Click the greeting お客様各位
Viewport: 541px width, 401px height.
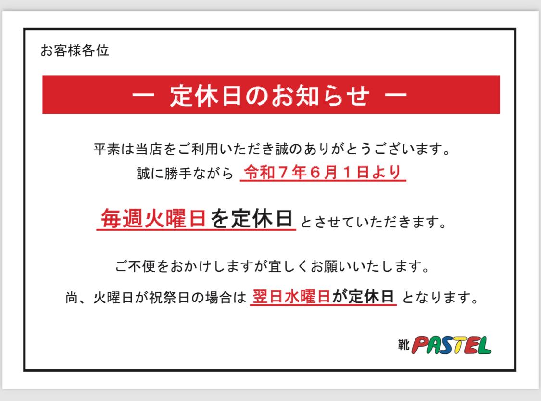(x=75, y=50)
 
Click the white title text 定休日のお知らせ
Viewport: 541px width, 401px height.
(x=269, y=95)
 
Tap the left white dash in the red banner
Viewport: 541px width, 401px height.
(x=143, y=95)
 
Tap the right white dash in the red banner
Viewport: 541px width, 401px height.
(x=396, y=95)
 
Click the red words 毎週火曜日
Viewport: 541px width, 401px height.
(x=153, y=218)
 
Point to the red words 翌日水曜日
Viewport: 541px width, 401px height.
(x=291, y=297)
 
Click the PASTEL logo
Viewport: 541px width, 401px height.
(x=451, y=345)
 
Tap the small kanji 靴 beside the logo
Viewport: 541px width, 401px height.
(x=403, y=344)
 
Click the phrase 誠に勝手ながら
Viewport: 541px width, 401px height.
(x=185, y=173)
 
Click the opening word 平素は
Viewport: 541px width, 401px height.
(x=114, y=149)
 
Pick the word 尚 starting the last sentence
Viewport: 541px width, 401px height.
(x=72, y=298)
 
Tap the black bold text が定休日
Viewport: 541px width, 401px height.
(x=363, y=297)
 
